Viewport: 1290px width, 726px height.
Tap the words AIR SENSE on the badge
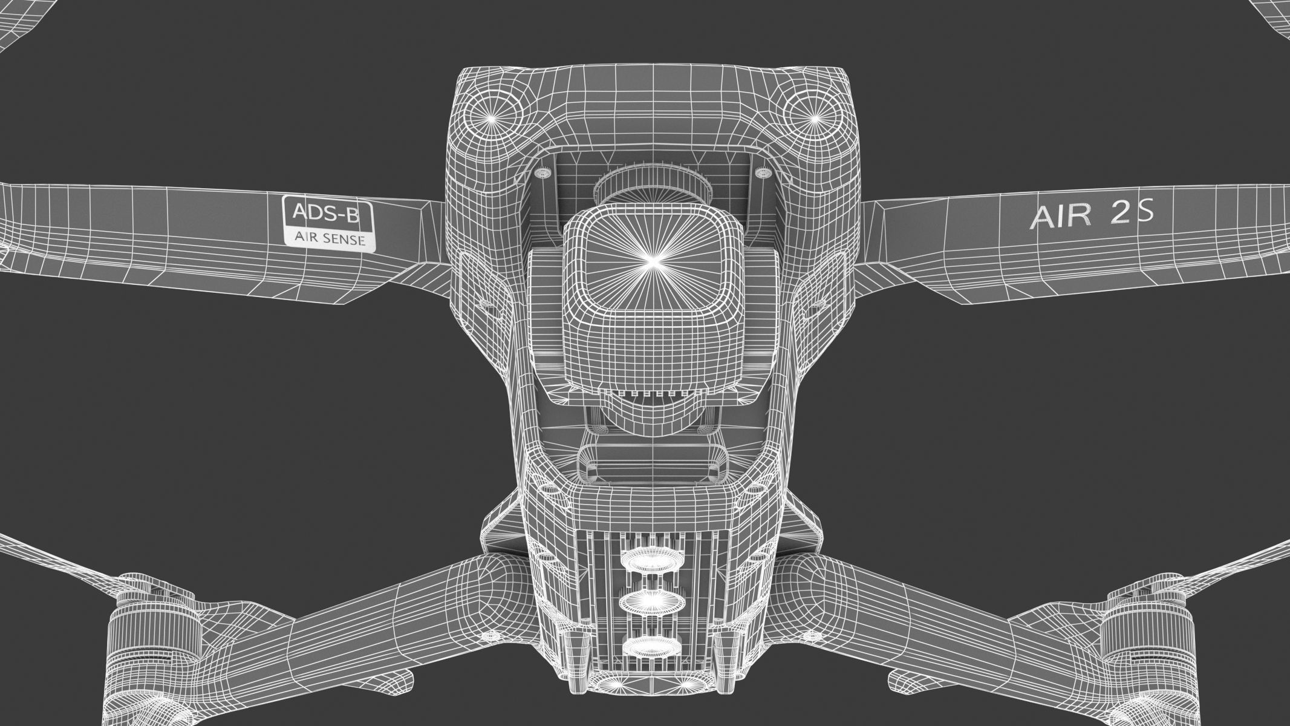pyautogui.click(x=330, y=239)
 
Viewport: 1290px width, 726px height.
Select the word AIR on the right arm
pyautogui.click(x=1056, y=216)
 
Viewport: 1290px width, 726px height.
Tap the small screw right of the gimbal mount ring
pyautogui.click(x=763, y=174)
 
